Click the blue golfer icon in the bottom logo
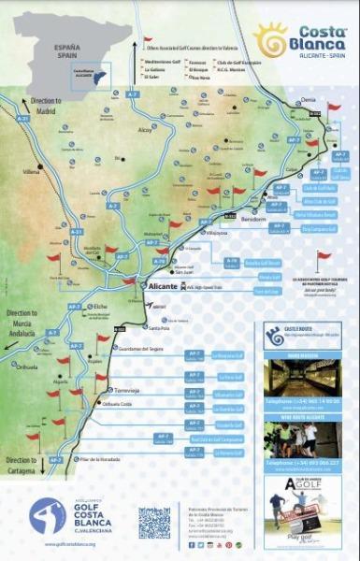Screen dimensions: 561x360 [x=48, y=518]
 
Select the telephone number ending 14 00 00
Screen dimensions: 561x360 [x=305, y=399]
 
